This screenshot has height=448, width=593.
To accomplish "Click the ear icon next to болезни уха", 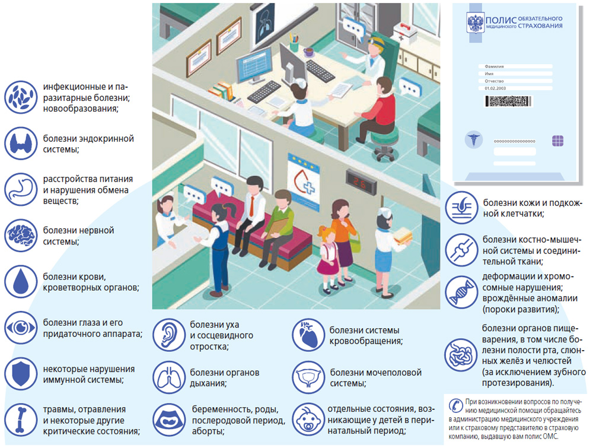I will point(169,335).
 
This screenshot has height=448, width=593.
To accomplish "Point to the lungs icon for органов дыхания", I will point(169,377).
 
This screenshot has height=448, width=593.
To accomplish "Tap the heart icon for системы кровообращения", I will point(309,335).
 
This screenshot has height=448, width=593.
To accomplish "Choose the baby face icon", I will point(309,419).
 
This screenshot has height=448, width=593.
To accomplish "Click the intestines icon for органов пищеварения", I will point(461,355).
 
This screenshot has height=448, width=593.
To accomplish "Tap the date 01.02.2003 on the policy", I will point(496,88).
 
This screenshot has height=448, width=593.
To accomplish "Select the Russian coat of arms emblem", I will point(476,24).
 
